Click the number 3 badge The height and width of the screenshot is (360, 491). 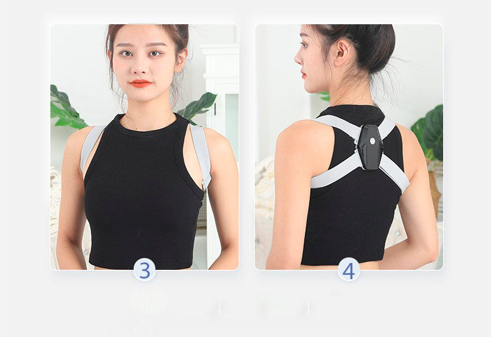[x=144, y=270]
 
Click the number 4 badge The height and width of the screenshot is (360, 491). [x=349, y=270]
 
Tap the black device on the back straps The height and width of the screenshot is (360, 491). [x=370, y=147]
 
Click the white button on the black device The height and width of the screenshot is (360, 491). [x=373, y=141]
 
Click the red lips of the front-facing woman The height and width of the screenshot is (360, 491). [x=140, y=83]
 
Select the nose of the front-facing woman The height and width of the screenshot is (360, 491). [x=140, y=67]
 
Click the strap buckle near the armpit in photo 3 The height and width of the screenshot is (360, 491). [x=206, y=183]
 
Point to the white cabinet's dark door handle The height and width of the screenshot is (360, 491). [x=216, y=109]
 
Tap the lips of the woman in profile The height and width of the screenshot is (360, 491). [x=303, y=75]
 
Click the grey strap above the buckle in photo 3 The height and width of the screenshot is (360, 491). [x=200, y=150]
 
